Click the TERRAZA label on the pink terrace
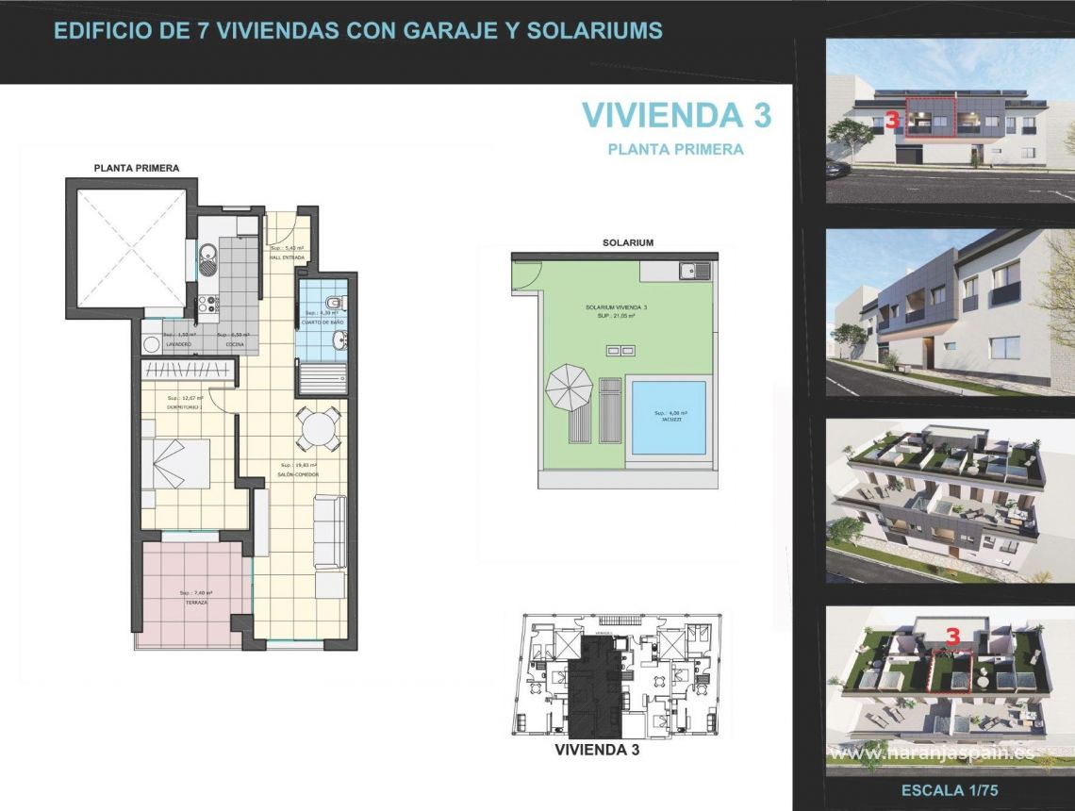195,601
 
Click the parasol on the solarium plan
570,388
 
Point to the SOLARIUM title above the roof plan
628,242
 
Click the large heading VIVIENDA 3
676,115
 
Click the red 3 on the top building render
891,121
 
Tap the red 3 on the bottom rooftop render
952,637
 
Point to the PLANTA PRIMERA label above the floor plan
137,168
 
